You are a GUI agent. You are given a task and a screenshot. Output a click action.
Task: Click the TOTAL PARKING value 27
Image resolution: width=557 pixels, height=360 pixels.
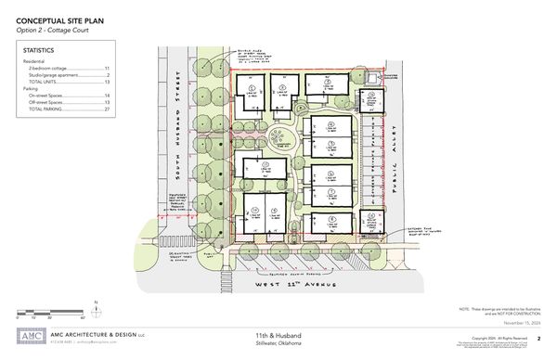tap(106, 109)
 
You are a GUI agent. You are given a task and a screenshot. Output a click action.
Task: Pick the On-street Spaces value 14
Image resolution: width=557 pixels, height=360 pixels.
tap(106, 96)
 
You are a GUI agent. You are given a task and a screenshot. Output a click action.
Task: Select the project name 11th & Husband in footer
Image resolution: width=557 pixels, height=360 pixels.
tap(278, 334)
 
